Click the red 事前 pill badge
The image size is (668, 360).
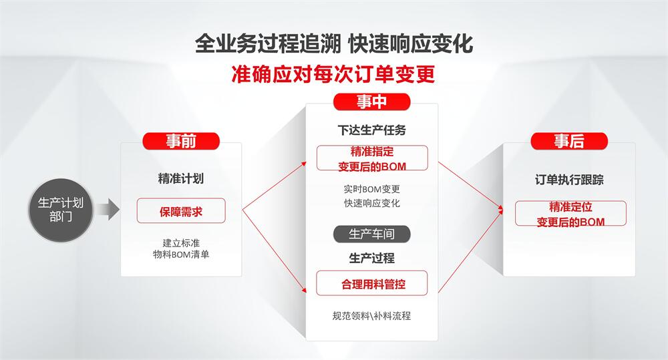[181, 141]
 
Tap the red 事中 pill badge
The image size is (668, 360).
[371, 102]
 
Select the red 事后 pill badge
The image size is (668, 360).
[569, 141]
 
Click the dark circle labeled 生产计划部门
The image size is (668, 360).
[61, 210]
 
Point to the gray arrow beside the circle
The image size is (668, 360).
[108, 209]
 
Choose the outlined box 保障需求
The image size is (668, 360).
[181, 211]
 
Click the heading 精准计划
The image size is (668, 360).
[181, 178]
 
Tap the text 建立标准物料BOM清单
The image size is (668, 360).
[181, 249]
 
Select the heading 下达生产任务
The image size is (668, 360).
[372, 130]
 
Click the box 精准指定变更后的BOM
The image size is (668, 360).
[372, 158]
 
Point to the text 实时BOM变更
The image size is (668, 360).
[372, 189]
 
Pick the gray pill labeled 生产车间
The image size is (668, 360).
[371, 234]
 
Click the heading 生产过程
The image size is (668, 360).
[372, 258]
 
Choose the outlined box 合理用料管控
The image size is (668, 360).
[372, 283]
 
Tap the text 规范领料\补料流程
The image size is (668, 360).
[372, 316]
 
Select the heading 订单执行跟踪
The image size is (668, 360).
[570, 180]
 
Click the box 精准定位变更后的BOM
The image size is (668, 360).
[571, 214]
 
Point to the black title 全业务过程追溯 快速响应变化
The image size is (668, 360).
[334, 44]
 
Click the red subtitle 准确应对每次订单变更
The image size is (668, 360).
[333, 74]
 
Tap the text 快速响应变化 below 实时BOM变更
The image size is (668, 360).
[372, 203]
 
